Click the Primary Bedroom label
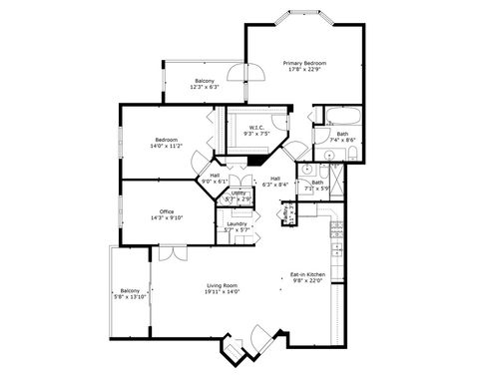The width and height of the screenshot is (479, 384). [x=305, y=62]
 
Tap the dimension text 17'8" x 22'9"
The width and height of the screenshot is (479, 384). [x=305, y=69]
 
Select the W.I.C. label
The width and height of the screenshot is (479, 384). [x=256, y=127]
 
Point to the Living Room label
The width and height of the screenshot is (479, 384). [x=221, y=286]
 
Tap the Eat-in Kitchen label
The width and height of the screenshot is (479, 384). [x=307, y=273]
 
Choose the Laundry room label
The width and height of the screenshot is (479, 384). [x=237, y=223]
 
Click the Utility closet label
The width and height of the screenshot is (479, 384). [x=238, y=192]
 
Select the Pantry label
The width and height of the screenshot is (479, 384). [x=286, y=213]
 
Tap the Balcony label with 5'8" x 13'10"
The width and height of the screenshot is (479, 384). [x=131, y=290]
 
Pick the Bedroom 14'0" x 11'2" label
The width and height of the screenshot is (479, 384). [x=167, y=139]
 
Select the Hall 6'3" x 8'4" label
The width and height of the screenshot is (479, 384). [x=274, y=179]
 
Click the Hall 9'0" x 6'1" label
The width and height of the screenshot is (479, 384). [x=215, y=176]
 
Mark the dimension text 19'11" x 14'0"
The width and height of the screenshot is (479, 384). [x=221, y=293]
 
